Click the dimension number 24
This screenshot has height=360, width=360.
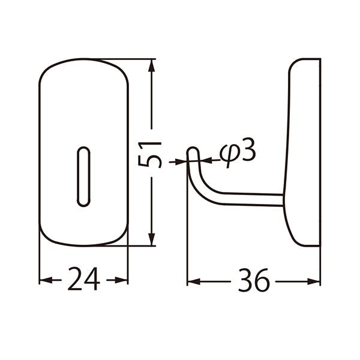84,279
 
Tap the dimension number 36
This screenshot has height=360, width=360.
253,280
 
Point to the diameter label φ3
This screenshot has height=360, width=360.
238,152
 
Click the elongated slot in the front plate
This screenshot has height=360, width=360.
83,177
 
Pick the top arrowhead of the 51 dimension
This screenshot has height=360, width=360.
151,65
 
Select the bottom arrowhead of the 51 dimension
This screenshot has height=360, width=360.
151,239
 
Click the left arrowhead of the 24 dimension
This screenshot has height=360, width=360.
46,280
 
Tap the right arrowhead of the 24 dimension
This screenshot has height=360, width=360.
121,280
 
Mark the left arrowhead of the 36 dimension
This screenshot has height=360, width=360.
194,281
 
